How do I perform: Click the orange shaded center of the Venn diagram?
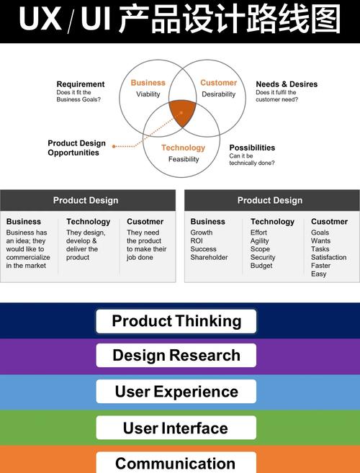[182, 112]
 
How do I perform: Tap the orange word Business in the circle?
[148, 83]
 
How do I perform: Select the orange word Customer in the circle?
[218, 83]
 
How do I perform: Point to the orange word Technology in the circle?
[183, 148]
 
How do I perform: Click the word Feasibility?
[184, 159]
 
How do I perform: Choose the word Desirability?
[218, 94]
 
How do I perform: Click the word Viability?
[148, 94]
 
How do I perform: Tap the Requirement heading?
[81, 84]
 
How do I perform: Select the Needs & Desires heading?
[287, 84]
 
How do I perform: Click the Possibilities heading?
[252, 148]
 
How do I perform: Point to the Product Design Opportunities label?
[76, 148]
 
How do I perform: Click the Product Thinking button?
[176, 321]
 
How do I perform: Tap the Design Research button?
[176, 356]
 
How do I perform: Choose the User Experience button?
[176, 392]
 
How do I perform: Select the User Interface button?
[176, 428]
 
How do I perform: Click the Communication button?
[176, 463]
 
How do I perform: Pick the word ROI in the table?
[197, 240]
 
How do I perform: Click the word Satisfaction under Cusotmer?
[328, 257]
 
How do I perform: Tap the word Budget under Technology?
[261, 266]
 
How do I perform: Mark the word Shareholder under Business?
[209, 257]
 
